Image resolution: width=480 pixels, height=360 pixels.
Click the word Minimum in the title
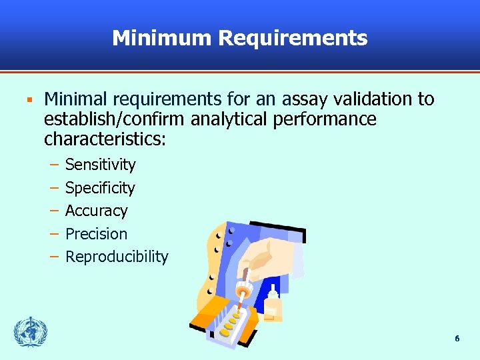tap(161, 38)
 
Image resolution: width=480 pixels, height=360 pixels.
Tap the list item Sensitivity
tap(100, 165)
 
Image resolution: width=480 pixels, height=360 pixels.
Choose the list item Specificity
tap(100, 188)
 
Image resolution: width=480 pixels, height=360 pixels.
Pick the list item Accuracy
tap(96, 211)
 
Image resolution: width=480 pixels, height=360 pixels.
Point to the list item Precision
tap(96, 234)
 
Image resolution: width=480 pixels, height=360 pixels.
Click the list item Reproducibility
tap(117, 257)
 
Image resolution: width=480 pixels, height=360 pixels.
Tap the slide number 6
tap(457, 339)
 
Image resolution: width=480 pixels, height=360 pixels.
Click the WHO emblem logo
tap(31, 332)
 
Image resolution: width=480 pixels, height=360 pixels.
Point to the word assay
tap(301, 100)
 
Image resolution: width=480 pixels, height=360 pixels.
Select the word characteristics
tap(103, 140)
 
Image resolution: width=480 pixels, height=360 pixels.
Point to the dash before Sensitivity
tap(53, 165)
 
